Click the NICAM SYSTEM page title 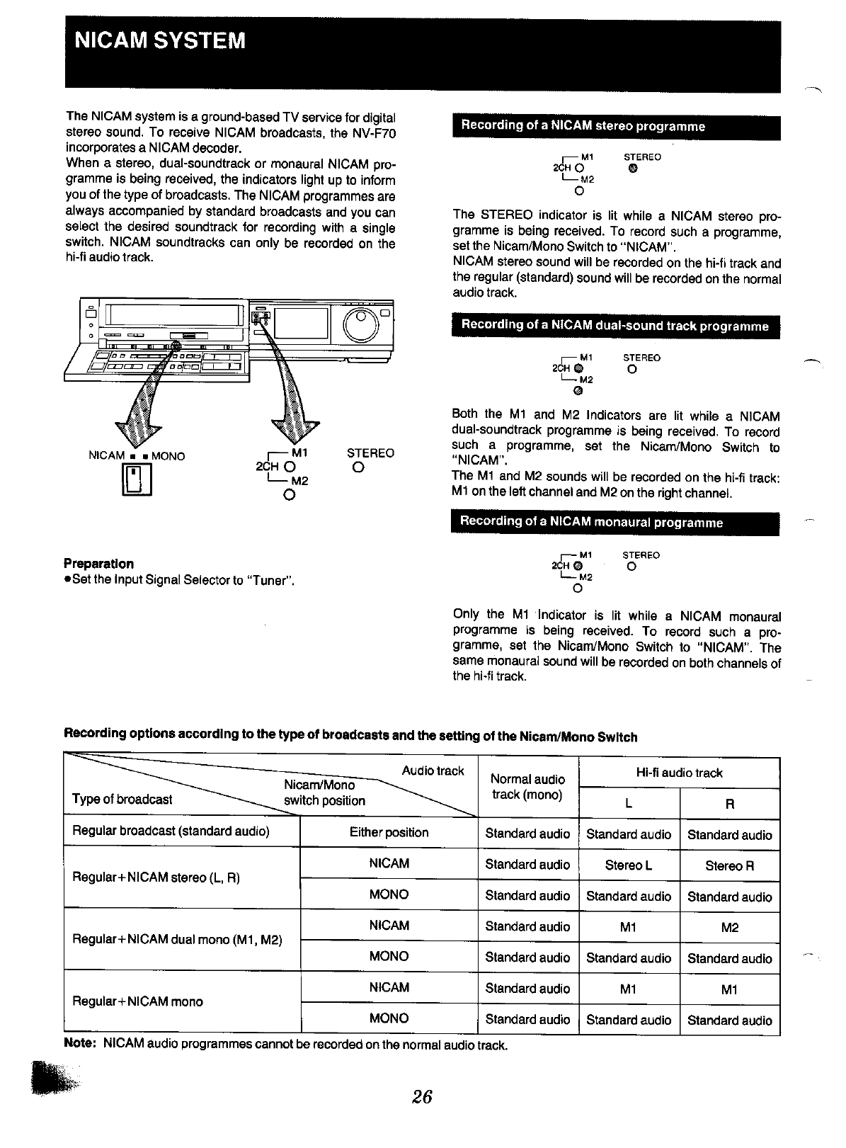pyautogui.click(x=161, y=40)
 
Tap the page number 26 pyautogui.click(x=423, y=1096)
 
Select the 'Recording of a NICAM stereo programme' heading pyautogui.click(x=583, y=126)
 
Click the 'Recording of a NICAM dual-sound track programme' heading pyautogui.click(x=615, y=326)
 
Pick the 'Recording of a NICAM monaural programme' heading pyautogui.click(x=591, y=523)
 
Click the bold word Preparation pyautogui.click(x=98, y=564)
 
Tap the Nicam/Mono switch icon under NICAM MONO pyautogui.click(x=138, y=480)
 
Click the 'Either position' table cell pyautogui.click(x=389, y=833)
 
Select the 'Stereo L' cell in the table pyautogui.click(x=629, y=865)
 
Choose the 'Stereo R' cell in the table pyautogui.click(x=730, y=865)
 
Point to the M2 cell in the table pyautogui.click(x=730, y=927)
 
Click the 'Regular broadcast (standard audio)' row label pyautogui.click(x=171, y=831)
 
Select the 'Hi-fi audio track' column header pyautogui.click(x=680, y=773)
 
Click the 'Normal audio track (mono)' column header pyautogui.click(x=528, y=787)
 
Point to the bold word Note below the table pyautogui.click(x=80, y=1045)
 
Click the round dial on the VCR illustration pyautogui.click(x=362, y=325)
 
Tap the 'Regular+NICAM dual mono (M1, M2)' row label pyautogui.click(x=177, y=940)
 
